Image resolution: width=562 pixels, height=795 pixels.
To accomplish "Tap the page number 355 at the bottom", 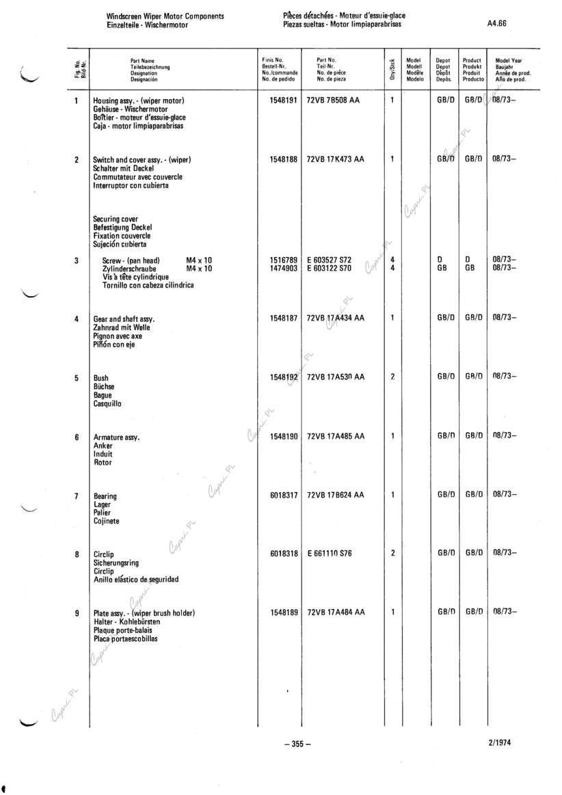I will pos(297,744).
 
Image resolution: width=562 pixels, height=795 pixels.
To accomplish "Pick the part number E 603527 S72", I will pos(329,260).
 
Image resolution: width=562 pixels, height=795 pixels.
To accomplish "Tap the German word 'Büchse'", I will pos(104,386).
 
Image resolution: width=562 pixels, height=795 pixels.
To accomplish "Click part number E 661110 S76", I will pos(329,553).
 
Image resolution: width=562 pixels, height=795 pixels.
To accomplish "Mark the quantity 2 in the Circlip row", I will pos(392,553).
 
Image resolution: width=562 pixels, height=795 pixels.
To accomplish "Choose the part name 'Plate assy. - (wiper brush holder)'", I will pos(144,613).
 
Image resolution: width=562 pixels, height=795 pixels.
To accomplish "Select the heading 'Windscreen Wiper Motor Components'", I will pos(165,16).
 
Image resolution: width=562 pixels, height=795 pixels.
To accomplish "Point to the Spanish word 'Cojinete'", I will pos(107,521).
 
